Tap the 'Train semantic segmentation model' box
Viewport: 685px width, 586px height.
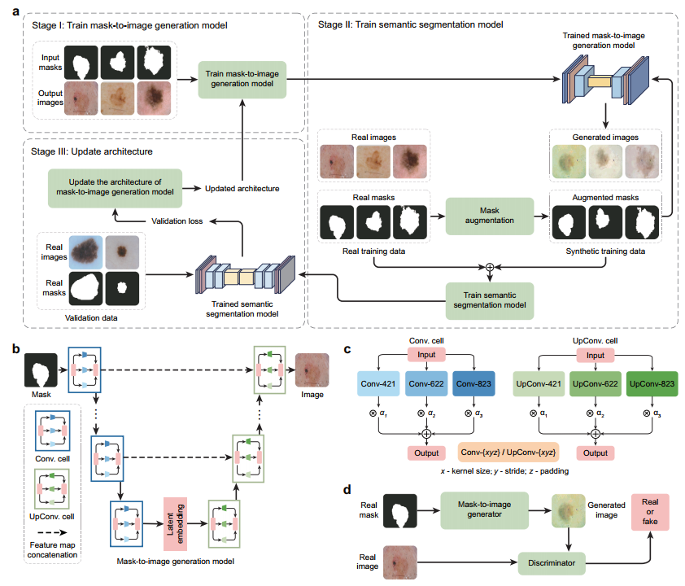click(489, 300)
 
